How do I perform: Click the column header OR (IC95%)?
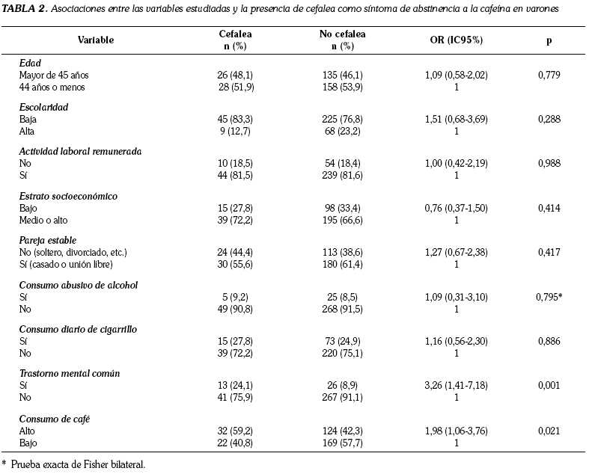pos(456,40)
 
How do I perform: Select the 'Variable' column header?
pos(96,40)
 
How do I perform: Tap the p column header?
pos(549,40)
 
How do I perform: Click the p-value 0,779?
pos(549,75)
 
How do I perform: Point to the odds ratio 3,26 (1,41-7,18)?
pos(456,386)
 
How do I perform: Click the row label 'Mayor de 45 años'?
pos(54,75)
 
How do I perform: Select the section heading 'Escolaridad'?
pos(43,108)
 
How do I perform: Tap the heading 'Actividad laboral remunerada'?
pos(80,152)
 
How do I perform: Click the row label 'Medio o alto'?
pos(43,220)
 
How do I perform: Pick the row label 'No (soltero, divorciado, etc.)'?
pos(73,252)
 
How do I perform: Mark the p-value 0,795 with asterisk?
pos(549,297)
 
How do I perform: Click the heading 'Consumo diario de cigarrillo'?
pos(78,330)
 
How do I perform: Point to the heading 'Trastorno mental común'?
pos(70,374)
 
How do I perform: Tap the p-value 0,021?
pos(549,431)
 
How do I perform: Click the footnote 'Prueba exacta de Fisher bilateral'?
pos(78,464)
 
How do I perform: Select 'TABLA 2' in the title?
pos(24,9)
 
